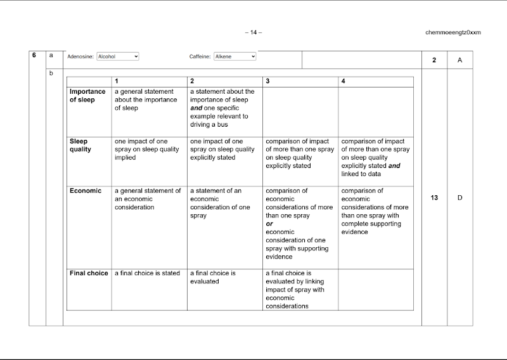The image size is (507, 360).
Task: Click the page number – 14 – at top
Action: click(x=253, y=32)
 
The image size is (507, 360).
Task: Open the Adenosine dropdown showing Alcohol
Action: click(x=118, y=56)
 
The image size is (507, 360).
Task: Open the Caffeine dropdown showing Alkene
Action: click(x=235, y=56)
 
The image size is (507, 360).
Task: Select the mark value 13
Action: click(x=434, y=198)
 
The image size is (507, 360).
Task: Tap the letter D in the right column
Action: click(x=460, y=198)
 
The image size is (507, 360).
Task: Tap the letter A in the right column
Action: click(x=460, y=60)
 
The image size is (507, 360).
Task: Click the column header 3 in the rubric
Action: click(x=268, y=81)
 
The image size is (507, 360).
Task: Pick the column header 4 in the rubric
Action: click(x=343, y=81)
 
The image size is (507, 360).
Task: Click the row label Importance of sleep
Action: click(x=88, y=96)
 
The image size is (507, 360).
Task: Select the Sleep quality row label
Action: click(x=80, y=145)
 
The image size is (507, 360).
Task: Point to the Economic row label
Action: click(x=86, y=191)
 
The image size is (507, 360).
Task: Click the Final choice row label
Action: click(x=89, y=273)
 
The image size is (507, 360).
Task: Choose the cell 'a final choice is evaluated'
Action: click(x=213, y=277)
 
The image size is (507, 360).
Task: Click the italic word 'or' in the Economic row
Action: click(x=269, y=224)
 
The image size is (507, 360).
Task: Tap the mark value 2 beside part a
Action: click(x=434, y=60)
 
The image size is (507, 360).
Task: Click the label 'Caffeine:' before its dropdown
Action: click(x=200, y=56)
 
